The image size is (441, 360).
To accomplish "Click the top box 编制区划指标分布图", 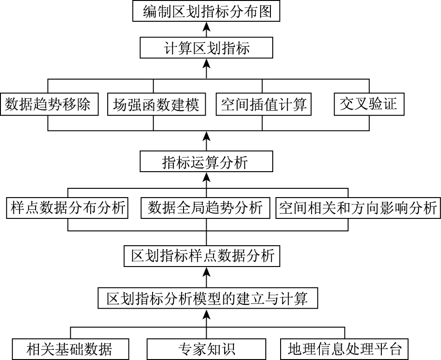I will pyautogui.click(x=206, y=11).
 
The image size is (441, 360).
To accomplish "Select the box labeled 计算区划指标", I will pyautogui.click(x=206, y=48).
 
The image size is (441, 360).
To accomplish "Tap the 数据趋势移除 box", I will pyautogui.click(x=50, y=105).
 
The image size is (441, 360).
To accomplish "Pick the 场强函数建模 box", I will pyautogui.click(x=156, y=105).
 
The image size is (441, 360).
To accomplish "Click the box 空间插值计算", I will pyautogui.click(x=263, y=105).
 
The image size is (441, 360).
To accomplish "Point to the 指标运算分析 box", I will pyautogui.click(x=206, y=163).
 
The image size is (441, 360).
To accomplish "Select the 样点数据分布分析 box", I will pyautogui.click(x=67, y=208).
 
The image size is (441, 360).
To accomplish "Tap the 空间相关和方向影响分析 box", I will pyautogui.click(x=358, y=208).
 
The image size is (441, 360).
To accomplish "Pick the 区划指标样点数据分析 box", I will pyautogui.click(x=202, y=255).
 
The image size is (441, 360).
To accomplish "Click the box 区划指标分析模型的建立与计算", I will pyautogui.click(x=208, y=298).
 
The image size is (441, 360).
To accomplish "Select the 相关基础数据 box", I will pyautogui.click(x=69, y=348).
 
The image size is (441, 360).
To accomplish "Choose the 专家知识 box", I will pyautogui.click(x=206, y=348).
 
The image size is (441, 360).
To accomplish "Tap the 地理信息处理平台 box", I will pyautogui.click(x=345, y=348).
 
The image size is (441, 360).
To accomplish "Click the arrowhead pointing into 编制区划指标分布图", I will pyautogui.click(x=206, y=26).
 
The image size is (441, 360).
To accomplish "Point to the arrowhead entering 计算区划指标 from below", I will pyautogui.click(x=206, y=63).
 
